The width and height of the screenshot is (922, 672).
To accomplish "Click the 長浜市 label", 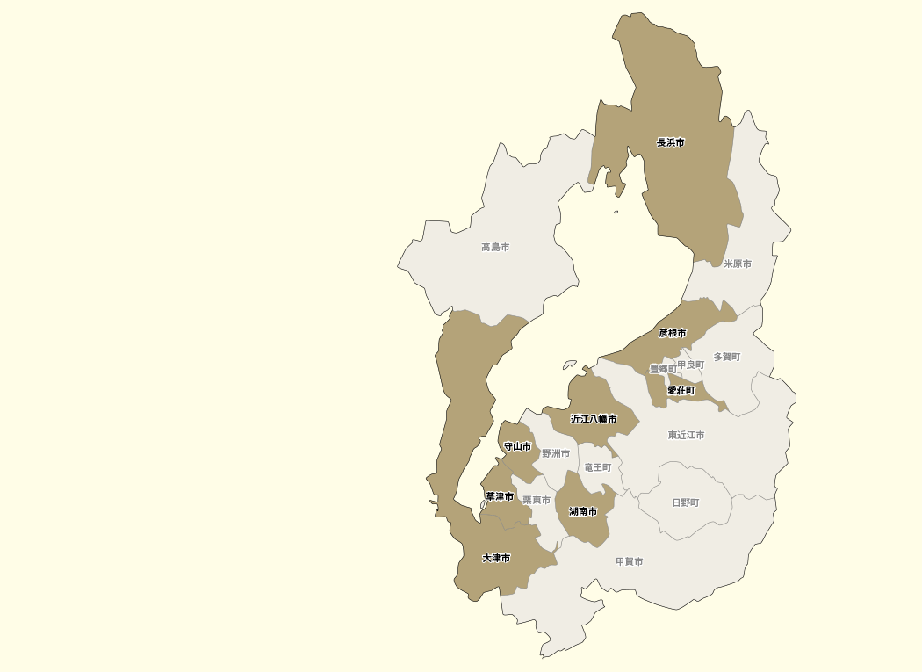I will tap(671, 142).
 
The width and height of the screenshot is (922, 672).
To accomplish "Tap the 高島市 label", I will tap(495, 248).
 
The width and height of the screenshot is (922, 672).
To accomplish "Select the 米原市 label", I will tap(738, 264).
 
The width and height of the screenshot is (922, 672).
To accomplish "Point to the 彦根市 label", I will tap(673, 334).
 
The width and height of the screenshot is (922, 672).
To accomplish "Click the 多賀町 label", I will tap(727, 357).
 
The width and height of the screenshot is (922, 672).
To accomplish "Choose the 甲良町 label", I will tap(691, 365).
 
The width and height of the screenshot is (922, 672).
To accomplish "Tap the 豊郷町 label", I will tap(663, 369).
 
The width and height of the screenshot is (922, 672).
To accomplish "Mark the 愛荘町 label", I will tap(681, 390).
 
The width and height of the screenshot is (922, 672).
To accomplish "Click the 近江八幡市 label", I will tap(594, 420).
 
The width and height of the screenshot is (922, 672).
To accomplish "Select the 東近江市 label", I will tap(686, 435).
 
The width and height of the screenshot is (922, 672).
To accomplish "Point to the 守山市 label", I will tap(517, 446).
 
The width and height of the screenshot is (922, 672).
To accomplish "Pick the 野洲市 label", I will tap(556, 454).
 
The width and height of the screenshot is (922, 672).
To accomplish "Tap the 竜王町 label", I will tap(598, 467).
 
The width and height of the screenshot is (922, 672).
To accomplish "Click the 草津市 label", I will tap(500, 496).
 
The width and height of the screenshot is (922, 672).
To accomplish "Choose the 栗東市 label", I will tap(537, 500).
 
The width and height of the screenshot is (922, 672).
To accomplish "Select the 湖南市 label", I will tap(583, 511).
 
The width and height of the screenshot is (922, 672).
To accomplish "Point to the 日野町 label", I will tap(686, 502).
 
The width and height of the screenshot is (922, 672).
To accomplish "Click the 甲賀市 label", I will tap(630, 561).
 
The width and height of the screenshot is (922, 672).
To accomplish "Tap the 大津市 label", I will tap(496, 558).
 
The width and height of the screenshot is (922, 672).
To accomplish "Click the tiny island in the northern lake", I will tap(616, 212).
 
